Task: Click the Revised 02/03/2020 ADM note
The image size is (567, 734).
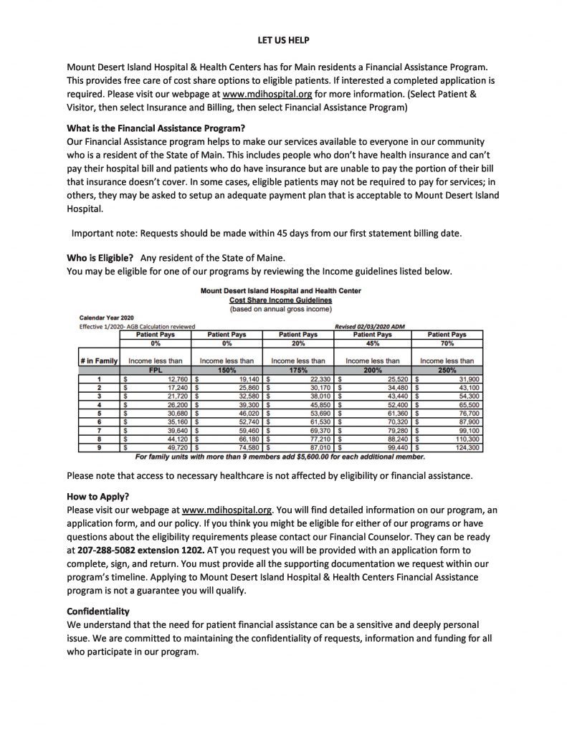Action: coord(370,326)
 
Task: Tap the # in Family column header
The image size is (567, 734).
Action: coord(97,361)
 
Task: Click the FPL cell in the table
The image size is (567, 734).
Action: coord(155,371)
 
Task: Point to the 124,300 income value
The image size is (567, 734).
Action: coord(465,447)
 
